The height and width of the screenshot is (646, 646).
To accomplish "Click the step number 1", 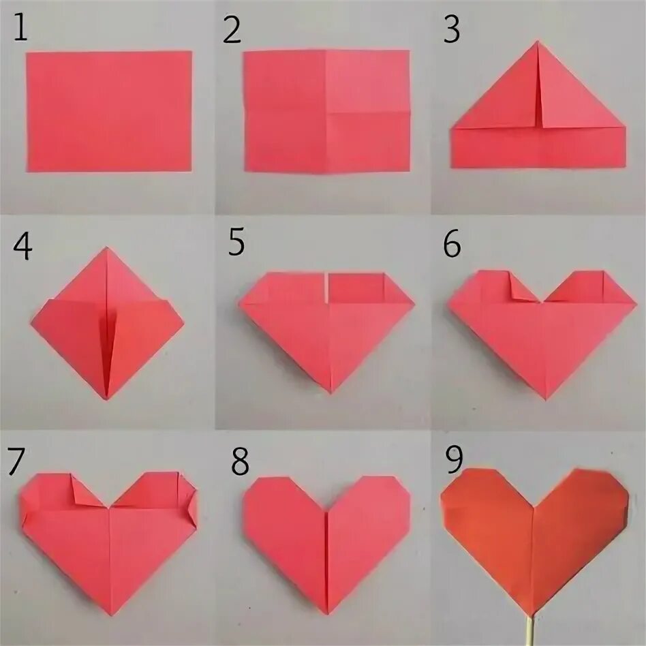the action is [x=20, y=27].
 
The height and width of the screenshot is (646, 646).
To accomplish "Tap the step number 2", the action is [x=232, y=30].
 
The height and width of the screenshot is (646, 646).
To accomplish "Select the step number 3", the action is [x=452, y=29].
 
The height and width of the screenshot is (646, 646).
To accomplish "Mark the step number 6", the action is [x=452, y=245].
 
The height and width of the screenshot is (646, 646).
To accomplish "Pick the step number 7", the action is [x=16, y=461].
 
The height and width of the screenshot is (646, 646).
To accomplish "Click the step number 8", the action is [x=240, y=461].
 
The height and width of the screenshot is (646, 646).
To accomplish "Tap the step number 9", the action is [x=455, y=459].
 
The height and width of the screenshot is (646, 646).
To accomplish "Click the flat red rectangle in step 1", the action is [x=109, y=111].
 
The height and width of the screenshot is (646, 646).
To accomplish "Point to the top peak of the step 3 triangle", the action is [x=537, y=41].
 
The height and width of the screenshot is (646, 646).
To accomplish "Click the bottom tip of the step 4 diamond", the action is [x=106, y=399].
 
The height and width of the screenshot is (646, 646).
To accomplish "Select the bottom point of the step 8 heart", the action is [x=328, y=614].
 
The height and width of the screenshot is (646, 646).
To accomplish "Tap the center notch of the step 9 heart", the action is [x=534, y=507].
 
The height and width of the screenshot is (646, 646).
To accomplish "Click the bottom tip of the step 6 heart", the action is [x=546, y=399].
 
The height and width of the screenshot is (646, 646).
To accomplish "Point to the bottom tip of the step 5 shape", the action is [x=330, y=393].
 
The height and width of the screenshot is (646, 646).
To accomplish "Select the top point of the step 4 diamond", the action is [x=107, y=247].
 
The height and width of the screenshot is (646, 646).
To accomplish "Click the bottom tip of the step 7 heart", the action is [x=111, y=615].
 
